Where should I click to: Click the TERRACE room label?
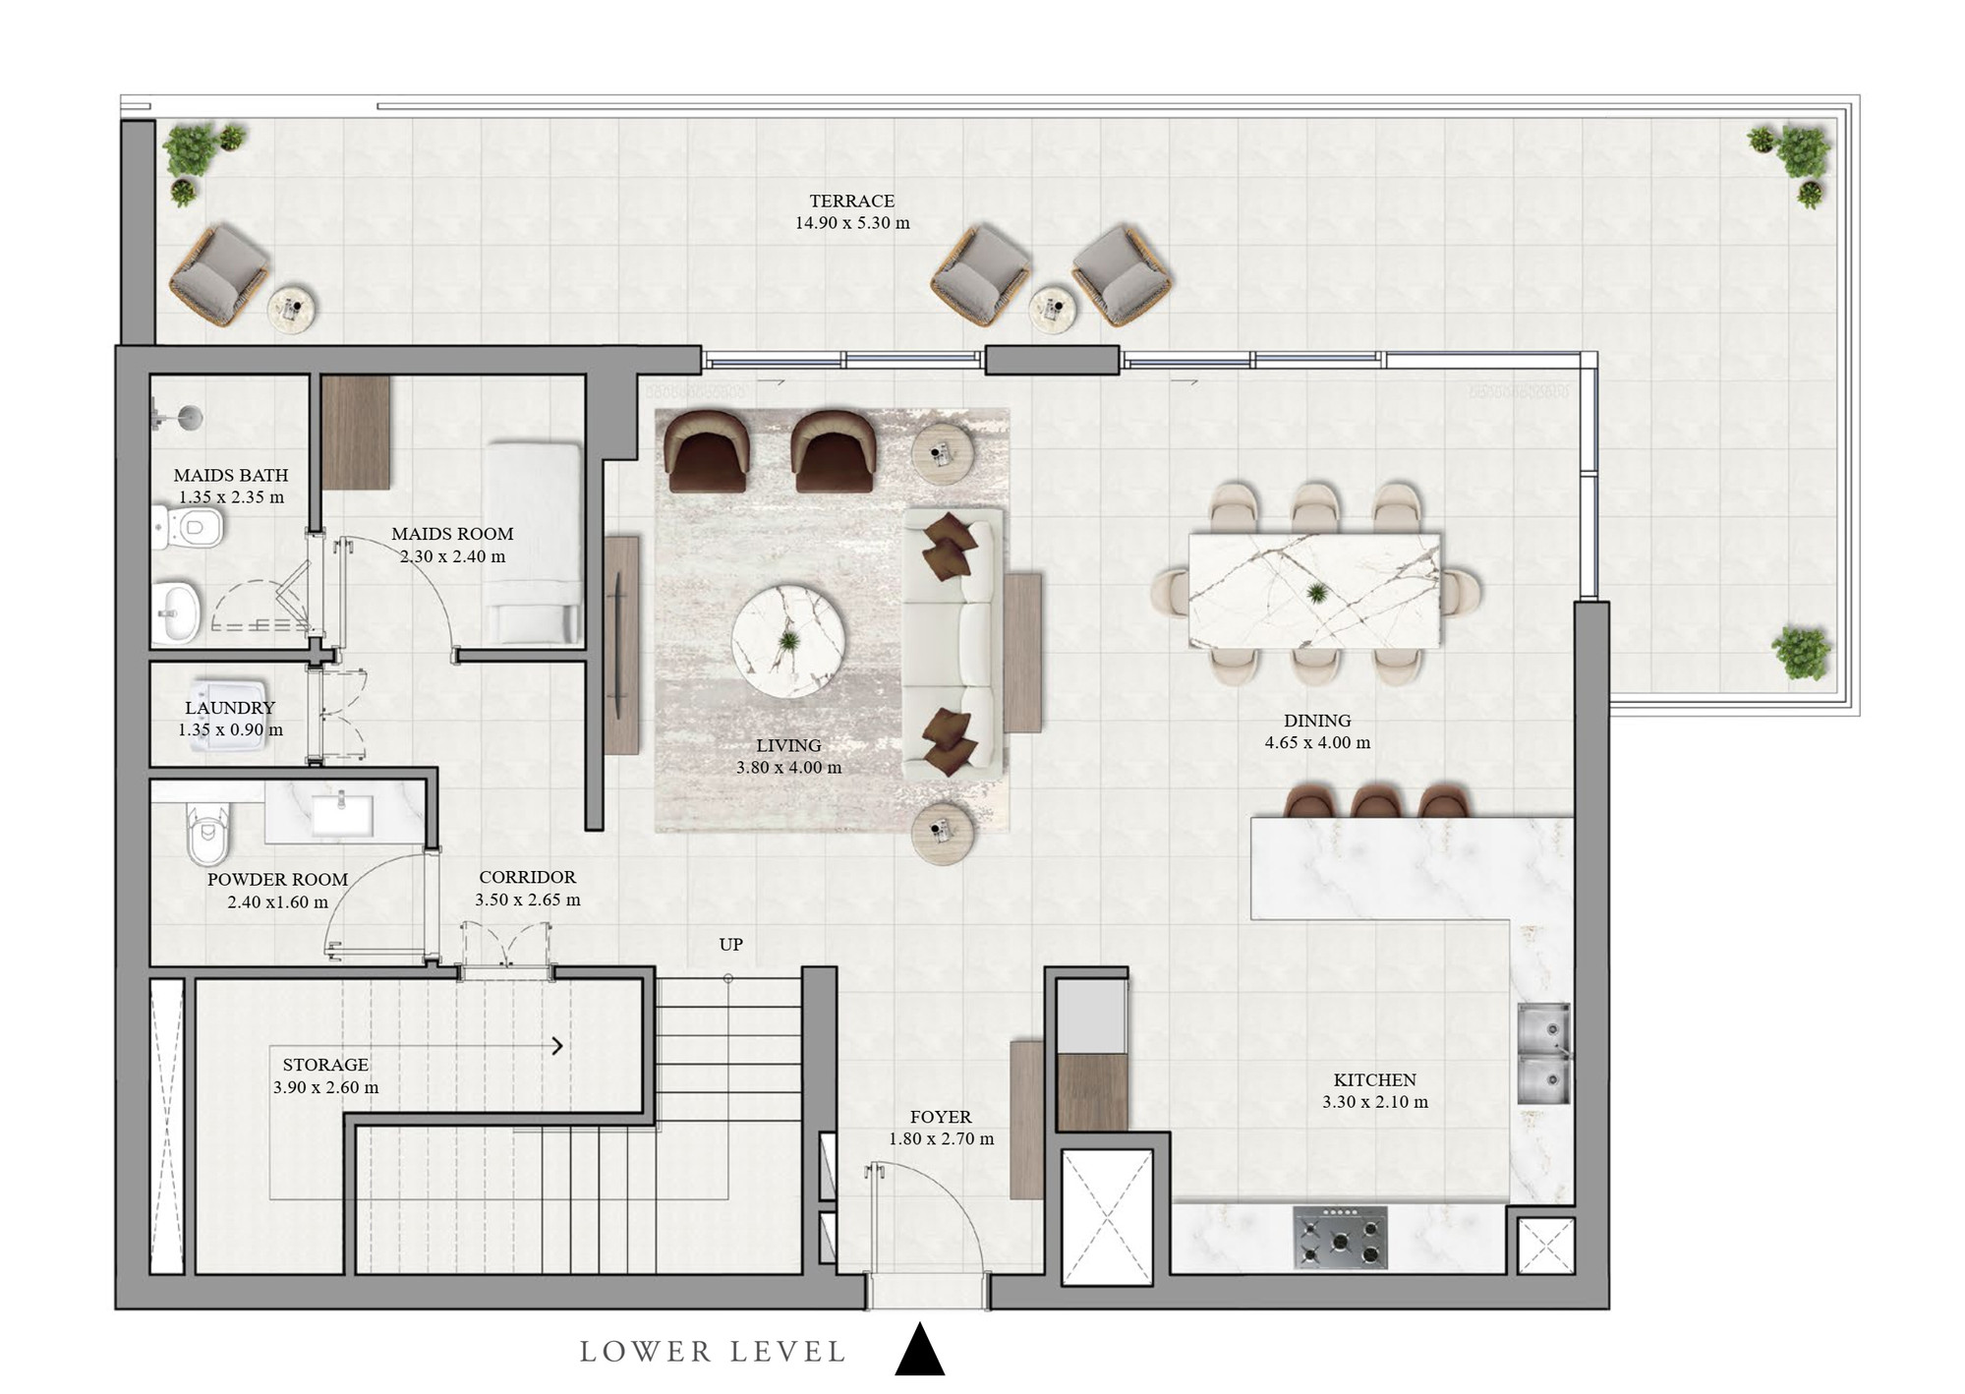click(851, 201)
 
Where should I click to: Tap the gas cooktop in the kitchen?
click(1340, 1237)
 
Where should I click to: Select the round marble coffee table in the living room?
click(788, 642)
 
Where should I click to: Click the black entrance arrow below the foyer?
click(920, 1349)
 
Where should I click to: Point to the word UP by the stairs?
click(730, 945)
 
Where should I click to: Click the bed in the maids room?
click(534, 543)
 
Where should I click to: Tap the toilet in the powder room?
click(207, 835)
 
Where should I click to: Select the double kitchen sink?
click(1543, 1053)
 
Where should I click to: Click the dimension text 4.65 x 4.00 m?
click(1317, 743)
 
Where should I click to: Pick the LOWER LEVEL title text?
click(713, 1352)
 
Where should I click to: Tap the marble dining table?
click(1315, 591)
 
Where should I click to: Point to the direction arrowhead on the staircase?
click(557, 1046)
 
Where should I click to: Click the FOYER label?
click(941, 1117)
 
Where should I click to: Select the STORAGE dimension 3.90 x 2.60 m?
click(325, 1087)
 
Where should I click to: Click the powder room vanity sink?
click(342, 815)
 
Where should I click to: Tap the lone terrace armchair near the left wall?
click(218, 275)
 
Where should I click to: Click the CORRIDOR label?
click(528, 877)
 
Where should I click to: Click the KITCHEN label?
click(1374, 1079)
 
